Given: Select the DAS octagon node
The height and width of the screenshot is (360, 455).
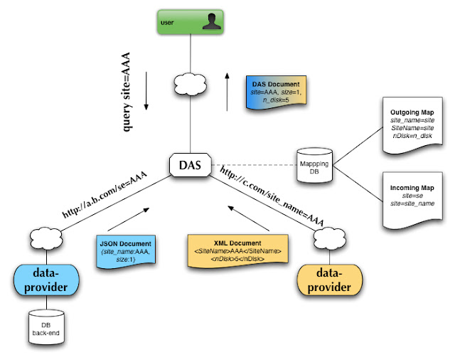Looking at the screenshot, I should (x=190, y=166).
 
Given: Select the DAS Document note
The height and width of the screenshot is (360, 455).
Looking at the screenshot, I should (x=274, y=93).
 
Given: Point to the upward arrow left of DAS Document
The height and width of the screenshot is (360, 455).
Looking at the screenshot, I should (x=227, y=90).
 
